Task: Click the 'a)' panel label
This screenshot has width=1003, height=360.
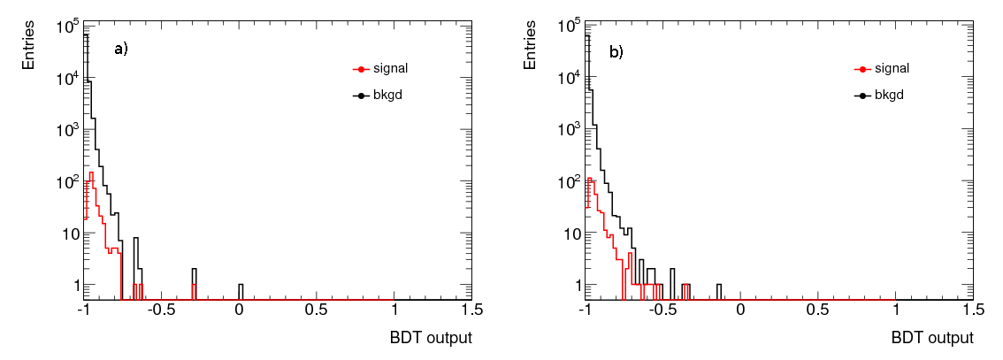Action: point(121,50)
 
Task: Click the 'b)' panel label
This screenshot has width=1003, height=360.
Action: point(616,52)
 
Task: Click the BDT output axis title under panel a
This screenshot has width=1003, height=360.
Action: point(431,338)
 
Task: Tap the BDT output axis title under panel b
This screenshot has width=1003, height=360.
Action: point(932,338)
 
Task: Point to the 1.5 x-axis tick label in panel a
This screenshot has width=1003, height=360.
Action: point(471,311)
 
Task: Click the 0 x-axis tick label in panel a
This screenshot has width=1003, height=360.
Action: point(240,311)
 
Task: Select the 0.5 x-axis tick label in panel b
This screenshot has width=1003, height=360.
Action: point(818,311)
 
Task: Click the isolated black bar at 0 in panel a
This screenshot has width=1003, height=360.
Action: point(241,292)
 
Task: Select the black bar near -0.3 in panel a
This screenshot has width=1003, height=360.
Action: point(194,284)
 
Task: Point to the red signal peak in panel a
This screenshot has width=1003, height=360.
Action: point(91,174)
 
